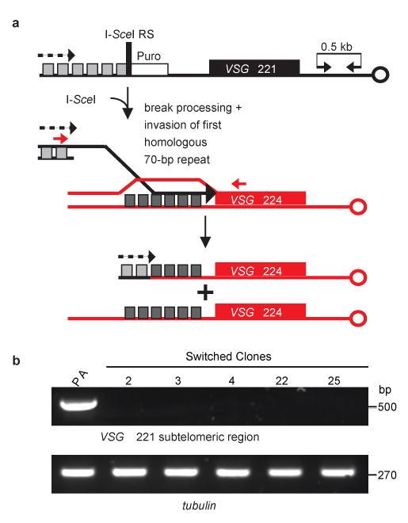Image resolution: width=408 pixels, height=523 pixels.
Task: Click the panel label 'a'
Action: [14, 24]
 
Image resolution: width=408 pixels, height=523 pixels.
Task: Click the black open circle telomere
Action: [381, 76]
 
